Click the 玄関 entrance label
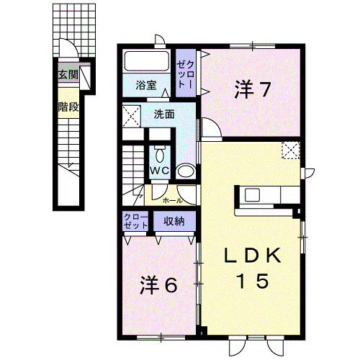(68, 75)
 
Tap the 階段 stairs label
(68, 107)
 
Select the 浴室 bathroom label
(146, 85)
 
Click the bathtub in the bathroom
(146, 61)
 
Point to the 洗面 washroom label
(164, 114)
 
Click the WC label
(160, 171)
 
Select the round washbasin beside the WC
(186, 171)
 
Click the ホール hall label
(173, 201)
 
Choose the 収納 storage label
(174, 221)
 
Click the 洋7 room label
(253, 90)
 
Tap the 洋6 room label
(158, 284)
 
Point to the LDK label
(253, 256)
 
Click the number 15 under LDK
(253, 281)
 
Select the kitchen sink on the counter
(252, 195)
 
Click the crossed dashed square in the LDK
(291, 150)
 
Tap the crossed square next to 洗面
(131, 117)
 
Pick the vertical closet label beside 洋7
(185, 73)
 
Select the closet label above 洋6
(135, 221)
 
